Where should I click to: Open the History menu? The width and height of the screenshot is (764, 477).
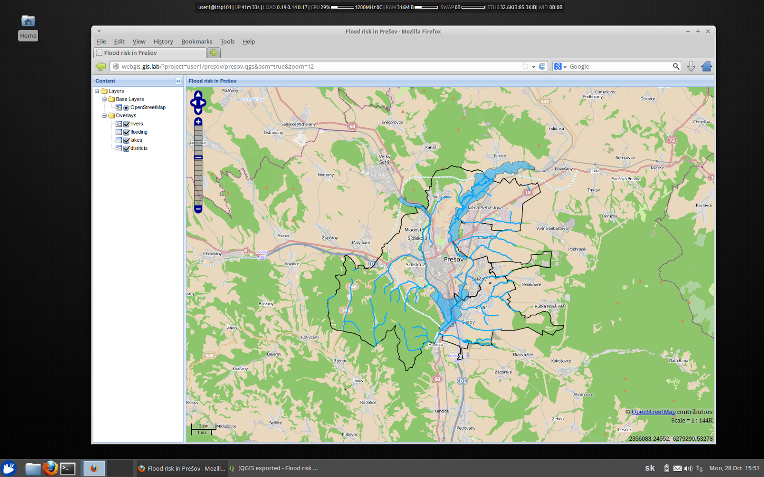click(163, 41)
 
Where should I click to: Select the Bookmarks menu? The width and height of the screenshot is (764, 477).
click(197, 41)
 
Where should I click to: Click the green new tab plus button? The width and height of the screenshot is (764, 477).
click(213, 53)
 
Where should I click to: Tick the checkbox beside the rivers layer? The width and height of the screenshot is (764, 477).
click(127, 124)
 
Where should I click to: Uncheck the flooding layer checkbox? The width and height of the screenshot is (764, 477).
click(127, 132)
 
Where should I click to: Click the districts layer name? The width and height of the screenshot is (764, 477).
click(139, 148)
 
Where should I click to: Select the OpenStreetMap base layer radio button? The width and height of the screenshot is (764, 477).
click(127, 108)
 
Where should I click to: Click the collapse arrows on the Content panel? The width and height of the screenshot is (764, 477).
click(178, 81)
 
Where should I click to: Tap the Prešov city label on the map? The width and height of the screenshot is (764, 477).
click(453, 259)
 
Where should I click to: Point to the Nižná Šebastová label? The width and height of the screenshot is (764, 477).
click(485, 208)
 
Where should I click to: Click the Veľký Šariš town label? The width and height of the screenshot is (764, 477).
click(384, 159)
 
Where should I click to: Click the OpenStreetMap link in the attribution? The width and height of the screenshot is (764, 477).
click(653, 412)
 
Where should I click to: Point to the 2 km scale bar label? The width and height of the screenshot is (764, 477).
click(204, 426)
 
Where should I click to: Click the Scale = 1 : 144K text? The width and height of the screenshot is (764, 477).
click(691, 421)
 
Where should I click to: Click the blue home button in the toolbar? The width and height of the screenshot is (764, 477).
click(707, 67)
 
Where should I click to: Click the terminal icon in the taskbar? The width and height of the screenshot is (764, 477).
click(68, 469)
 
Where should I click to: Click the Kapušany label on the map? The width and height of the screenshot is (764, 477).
click(563, 169)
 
